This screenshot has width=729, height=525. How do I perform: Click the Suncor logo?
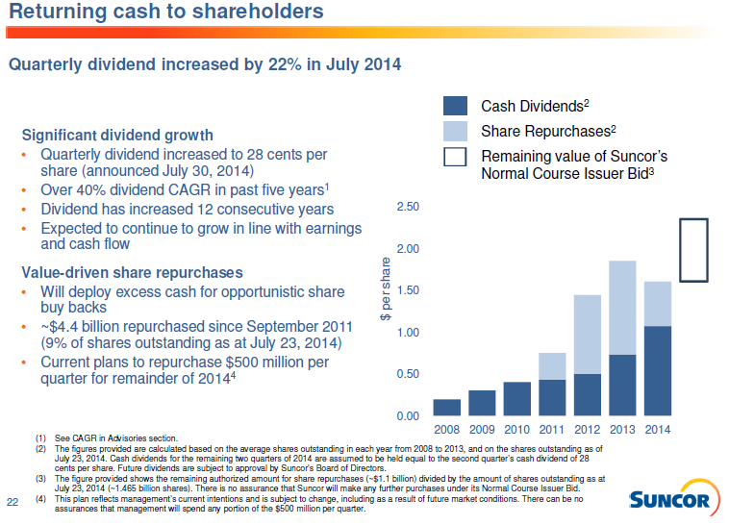point(669,499)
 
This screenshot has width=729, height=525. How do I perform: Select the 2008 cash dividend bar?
point(446,407)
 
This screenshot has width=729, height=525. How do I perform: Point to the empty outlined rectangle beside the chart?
point(693,250)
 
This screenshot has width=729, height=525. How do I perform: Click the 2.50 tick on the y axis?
point(407,208)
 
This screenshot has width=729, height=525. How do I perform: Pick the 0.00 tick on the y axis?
point(407,415)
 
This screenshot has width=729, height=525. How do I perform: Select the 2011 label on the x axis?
point(552,429)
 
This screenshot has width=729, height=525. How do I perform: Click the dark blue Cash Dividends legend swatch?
point(456,106)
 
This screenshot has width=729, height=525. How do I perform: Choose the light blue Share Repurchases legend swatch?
point(456,131)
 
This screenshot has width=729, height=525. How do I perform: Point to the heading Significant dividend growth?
point(117,135)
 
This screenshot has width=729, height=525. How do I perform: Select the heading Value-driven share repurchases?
point(132,272)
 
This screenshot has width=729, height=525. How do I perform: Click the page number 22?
point(13,501)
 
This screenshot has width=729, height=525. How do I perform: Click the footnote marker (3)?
point(41,477)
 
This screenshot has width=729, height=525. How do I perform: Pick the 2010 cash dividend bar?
point(516,398)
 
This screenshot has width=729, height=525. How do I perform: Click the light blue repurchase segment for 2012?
point(588,334)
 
